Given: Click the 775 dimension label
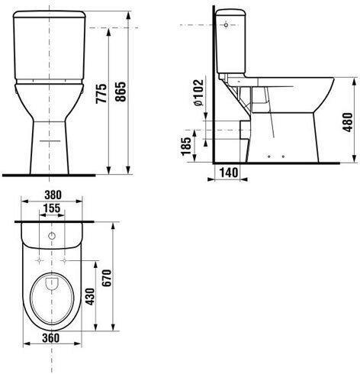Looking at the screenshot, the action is click(101, 93).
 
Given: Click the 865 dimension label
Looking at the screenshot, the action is click(121, 92).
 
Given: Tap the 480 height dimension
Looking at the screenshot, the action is click(348, 122).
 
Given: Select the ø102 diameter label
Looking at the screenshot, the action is click(198, 93).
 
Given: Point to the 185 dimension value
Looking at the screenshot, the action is click(185, 146).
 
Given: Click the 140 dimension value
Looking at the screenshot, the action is click(229, 172).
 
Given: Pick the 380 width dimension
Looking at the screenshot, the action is click(53, 195).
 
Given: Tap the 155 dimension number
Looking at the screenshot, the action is click(52, 208).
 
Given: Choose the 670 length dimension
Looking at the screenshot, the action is click(108, 278).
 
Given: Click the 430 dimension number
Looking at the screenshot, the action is click(90, 296).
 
